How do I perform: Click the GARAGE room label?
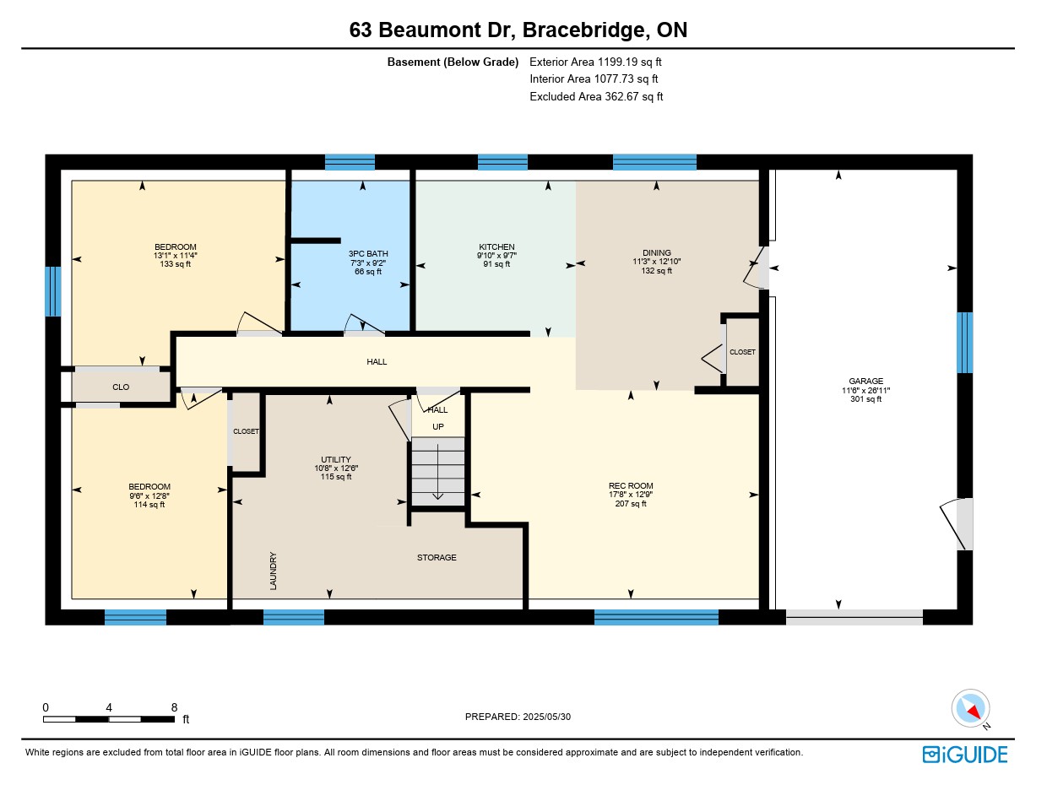point(865,381)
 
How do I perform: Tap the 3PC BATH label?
point(368,253)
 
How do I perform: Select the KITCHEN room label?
point(496,246)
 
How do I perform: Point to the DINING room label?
point(656,252)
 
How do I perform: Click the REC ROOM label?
point(631,485)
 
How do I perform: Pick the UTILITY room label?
point(336,459)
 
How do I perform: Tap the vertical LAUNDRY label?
point(274,571)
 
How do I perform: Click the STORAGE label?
point(437,557)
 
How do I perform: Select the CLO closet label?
point(121,387)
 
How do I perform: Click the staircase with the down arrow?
point(438,471)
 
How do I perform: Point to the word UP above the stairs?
point(438,426)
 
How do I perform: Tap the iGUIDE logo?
point(964,755)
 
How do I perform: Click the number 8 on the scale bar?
point(174,707)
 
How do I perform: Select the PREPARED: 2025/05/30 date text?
point(518,717)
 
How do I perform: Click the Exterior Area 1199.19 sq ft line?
point(595,62)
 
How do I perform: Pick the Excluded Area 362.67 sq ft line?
point(596,96)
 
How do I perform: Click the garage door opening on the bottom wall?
point(854,617)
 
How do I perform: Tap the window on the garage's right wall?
point(964,342)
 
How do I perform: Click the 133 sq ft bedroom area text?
point(175,264)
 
